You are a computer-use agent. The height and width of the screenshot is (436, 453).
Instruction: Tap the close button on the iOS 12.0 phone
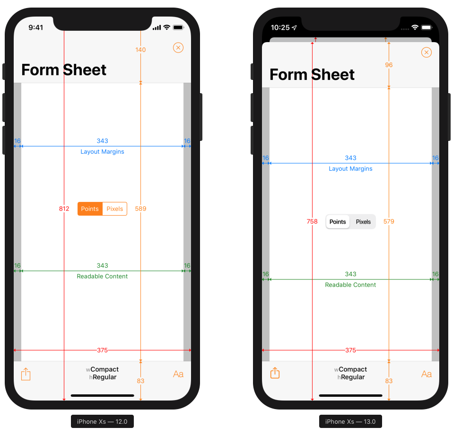178,48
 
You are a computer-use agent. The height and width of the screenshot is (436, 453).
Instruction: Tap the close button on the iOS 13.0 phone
427,52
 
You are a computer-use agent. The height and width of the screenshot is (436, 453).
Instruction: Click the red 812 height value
64,209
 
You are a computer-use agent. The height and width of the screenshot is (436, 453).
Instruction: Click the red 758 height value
312,222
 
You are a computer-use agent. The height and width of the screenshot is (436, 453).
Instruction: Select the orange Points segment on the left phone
90,209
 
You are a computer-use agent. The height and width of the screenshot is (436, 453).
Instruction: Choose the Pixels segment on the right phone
363,222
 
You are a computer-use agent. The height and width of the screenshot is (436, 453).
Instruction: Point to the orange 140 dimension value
140,50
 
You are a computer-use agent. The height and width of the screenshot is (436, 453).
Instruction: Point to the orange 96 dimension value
389,65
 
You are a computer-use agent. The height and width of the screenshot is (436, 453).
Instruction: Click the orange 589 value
140,209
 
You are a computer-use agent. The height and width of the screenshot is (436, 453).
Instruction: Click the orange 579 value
389,222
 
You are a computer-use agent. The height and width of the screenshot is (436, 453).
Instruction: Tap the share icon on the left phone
26,375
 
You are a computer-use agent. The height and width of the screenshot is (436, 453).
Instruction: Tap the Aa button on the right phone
426,374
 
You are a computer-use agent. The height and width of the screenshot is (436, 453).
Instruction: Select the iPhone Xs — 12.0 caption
102,421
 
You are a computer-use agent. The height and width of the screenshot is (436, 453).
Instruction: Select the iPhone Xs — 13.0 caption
350,421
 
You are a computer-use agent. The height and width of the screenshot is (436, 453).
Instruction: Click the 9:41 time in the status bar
35,27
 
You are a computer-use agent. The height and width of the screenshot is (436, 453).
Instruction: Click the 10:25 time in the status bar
280,27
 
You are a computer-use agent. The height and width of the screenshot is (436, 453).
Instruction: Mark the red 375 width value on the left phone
102,350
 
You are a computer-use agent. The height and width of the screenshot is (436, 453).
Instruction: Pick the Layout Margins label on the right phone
350,169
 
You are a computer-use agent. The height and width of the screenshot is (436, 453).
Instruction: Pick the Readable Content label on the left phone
102,277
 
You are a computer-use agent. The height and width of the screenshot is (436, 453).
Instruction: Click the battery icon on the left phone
178,27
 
